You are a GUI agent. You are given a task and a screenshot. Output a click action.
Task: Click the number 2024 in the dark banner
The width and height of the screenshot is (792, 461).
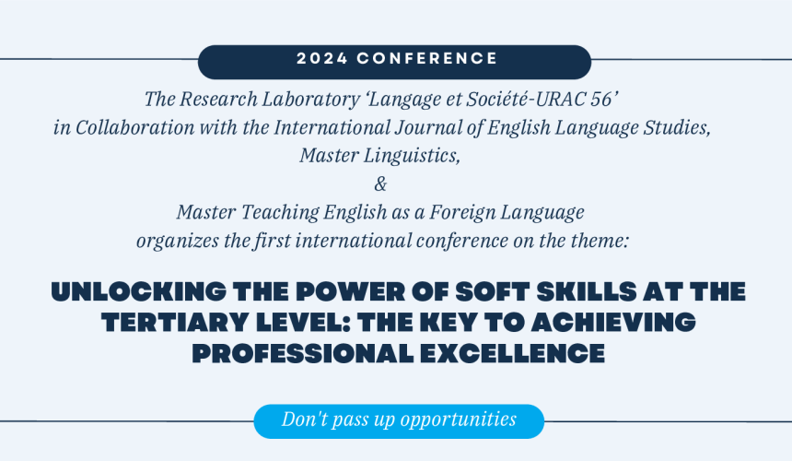click(322, 59)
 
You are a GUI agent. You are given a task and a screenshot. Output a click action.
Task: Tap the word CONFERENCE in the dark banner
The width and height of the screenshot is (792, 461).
click(427, 59)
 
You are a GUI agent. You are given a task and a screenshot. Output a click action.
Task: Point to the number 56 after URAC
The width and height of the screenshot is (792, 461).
click(601, 99)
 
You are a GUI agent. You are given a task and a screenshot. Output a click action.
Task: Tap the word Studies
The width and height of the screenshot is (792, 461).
click(677, 127)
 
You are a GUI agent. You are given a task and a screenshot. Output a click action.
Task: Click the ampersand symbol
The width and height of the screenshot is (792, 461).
click(380, 184)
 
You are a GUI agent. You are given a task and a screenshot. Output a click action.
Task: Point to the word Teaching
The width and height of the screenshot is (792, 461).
click(280, 212)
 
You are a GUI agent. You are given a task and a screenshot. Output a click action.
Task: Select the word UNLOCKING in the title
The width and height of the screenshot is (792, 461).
click(139, 292)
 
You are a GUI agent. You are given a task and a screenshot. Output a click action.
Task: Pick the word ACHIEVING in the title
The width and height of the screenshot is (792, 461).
click(612, 323)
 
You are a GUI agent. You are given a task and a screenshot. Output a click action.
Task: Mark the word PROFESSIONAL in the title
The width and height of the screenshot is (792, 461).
click(303, 353)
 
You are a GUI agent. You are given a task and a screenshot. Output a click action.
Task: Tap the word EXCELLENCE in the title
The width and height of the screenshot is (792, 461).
click(512, 353)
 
